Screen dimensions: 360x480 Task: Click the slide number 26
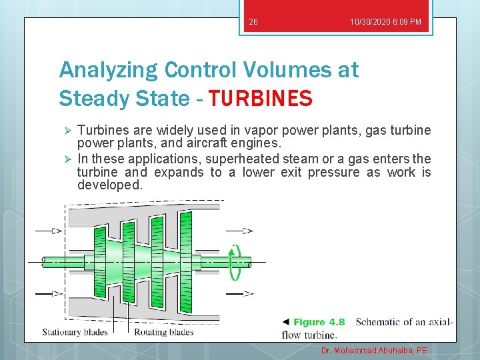click(x=253, y=23)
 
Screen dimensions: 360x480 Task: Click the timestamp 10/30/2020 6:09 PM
click(x=385, y=23)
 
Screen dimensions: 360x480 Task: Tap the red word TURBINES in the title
click(x=260, y=99)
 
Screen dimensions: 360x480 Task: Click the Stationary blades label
click(x=74, y=332)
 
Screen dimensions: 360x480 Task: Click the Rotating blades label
click(x=164, y=332)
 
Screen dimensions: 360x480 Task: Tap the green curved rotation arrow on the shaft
click(x=235, y=261)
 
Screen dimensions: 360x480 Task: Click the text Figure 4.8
click(x=319, y=322)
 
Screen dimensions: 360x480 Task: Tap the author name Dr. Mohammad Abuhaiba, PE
click(x=374, y=351)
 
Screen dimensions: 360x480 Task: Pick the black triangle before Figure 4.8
click(x=286, y=322)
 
